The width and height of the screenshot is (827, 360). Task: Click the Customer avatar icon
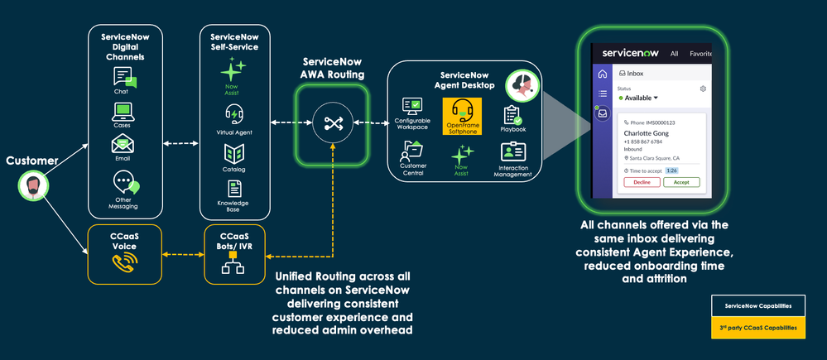[30, 185]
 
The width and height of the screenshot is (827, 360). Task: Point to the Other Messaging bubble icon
[125, 182]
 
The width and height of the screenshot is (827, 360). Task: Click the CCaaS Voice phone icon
[124, 262]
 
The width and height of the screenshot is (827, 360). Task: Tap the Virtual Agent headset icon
[233, 114]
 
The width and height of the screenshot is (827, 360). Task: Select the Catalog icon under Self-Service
[233, 153]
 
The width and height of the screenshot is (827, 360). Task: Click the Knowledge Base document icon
[234, 188]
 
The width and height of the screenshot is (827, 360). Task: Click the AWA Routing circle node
[333, 124]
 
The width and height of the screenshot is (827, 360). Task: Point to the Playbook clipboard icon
[512, 114]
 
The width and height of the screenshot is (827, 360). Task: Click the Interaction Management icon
[512, 153]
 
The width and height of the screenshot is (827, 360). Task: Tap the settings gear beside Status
[703, 89]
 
